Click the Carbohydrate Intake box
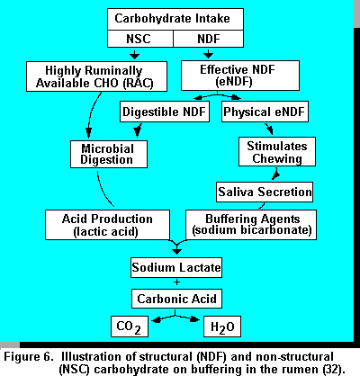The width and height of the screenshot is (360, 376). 175,19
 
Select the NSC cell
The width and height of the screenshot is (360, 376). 140,39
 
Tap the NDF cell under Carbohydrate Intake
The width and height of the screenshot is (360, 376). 209,39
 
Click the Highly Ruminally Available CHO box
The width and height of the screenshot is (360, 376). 96,76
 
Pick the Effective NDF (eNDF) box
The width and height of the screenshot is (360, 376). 240,76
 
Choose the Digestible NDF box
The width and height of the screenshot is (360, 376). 165,112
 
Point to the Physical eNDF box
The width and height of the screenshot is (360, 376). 265,112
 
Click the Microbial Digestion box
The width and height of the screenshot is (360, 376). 109,154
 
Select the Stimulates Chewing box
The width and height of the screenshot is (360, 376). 277,152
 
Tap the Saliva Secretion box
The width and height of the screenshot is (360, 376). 265,192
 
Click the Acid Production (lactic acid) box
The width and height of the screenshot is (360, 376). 107,225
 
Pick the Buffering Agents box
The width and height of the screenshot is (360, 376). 251,225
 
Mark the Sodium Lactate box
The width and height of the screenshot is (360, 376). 176,267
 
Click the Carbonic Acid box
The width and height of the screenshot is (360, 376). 176,299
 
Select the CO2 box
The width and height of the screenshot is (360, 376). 130,327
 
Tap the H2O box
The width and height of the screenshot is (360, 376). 222,327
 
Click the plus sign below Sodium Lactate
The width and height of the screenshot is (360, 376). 176,282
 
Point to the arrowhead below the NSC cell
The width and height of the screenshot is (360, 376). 134,56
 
